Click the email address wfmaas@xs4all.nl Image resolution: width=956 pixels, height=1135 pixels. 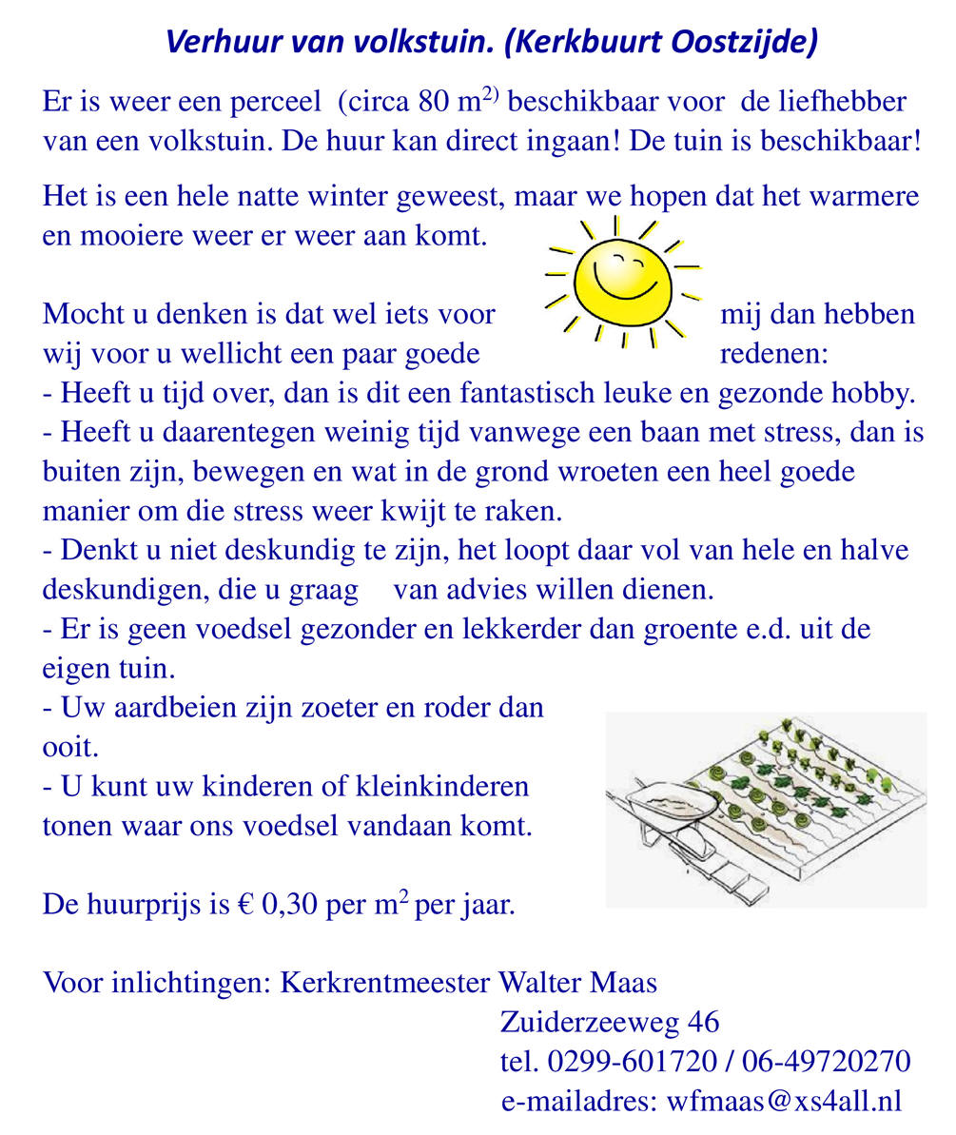pos(784,1101)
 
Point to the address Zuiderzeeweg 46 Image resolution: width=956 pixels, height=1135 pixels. pos(609,1022)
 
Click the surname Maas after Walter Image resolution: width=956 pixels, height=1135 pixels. pos(623,983)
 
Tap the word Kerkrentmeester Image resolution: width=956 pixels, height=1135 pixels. pos(384,983)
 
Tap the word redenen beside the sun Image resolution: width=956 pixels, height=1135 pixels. pos(773,354)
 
